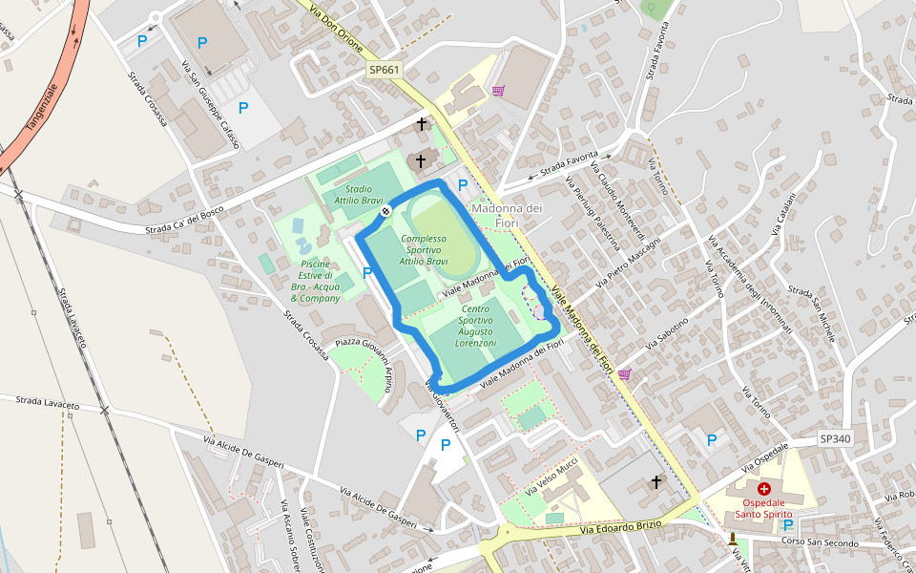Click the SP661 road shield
coord(385,70)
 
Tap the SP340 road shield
coord(835,439)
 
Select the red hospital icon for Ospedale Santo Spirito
coord(764,488)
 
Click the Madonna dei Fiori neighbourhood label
coord(507,215)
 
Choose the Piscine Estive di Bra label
coord(315,281)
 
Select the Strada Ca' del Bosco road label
coord(184,223)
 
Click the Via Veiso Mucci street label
coord(552,476)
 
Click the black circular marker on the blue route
coord(385,211)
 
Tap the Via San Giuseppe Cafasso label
coord(211,103)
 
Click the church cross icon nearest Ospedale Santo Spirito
coord(656,482)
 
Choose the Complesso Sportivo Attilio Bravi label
coord(424,249)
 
